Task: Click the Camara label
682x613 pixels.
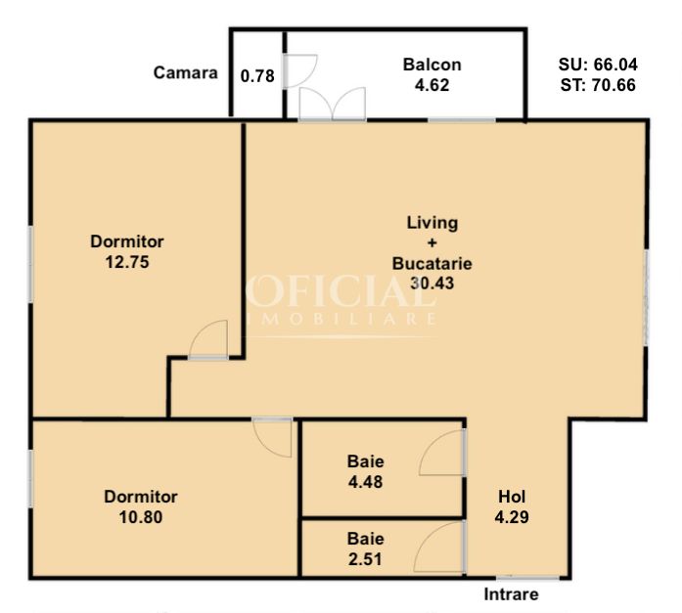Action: tap(185, 72)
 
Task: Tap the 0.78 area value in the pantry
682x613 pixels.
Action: tap(257, 76)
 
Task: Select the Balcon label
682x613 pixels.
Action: tap(432, 65)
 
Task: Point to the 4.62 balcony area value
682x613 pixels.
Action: tap(432, 85)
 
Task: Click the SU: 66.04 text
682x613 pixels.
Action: tap(598, 65)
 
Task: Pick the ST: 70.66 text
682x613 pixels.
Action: tap(598, 85)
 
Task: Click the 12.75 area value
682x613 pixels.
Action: tap(127, 262)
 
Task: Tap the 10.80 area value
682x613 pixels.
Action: tap(141, 517)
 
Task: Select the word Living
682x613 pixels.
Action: tap(432, 223)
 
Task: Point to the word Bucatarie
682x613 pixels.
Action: tap(432, 264)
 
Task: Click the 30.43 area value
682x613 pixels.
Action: tap(432, 284)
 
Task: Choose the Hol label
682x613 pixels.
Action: tap(512, 497)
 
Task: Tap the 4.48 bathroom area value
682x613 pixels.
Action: tap(365, 482)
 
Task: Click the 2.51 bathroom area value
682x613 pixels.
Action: tap(365, 559)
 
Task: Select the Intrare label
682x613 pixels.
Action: tap(511, 594)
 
